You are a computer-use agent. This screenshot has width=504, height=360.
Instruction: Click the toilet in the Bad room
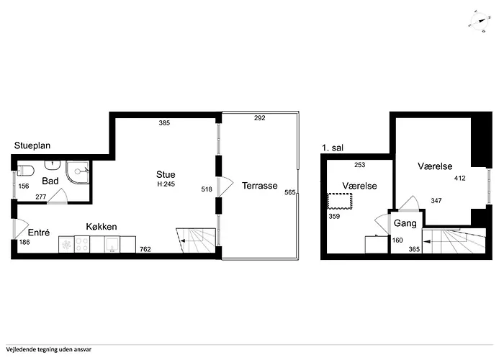(25, 171)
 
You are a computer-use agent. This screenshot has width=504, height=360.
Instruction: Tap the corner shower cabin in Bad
(78, 172)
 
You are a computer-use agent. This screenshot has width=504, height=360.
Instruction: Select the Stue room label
(166, 174)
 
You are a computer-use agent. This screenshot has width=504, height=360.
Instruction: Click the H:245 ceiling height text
(166, 184)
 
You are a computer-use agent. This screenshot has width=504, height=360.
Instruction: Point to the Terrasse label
(260, 186)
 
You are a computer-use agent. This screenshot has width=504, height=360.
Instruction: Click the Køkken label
(102, 227)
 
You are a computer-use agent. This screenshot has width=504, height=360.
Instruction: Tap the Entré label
(39, 233)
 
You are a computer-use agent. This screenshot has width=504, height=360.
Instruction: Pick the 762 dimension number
(145, 249)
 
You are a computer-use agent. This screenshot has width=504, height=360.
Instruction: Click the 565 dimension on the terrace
(289, 192)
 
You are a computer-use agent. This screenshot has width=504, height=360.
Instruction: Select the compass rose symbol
(480, 21)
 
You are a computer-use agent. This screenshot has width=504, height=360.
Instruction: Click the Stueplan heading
(32, 145)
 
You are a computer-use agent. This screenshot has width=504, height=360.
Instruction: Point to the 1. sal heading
(333, 148)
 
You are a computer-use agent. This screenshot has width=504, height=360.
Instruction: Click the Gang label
(405, 223)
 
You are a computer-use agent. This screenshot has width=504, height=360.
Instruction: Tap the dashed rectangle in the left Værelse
(340, 201)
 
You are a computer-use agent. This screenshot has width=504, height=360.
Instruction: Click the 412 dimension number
(459, 178)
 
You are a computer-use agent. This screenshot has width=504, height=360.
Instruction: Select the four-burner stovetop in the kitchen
(82, 244)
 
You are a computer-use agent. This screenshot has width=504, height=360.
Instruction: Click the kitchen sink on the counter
(112, 244)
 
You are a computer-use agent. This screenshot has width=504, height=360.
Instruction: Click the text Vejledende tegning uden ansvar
(48, 349)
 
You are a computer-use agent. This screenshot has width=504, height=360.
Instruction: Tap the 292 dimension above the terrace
(260, 118)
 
